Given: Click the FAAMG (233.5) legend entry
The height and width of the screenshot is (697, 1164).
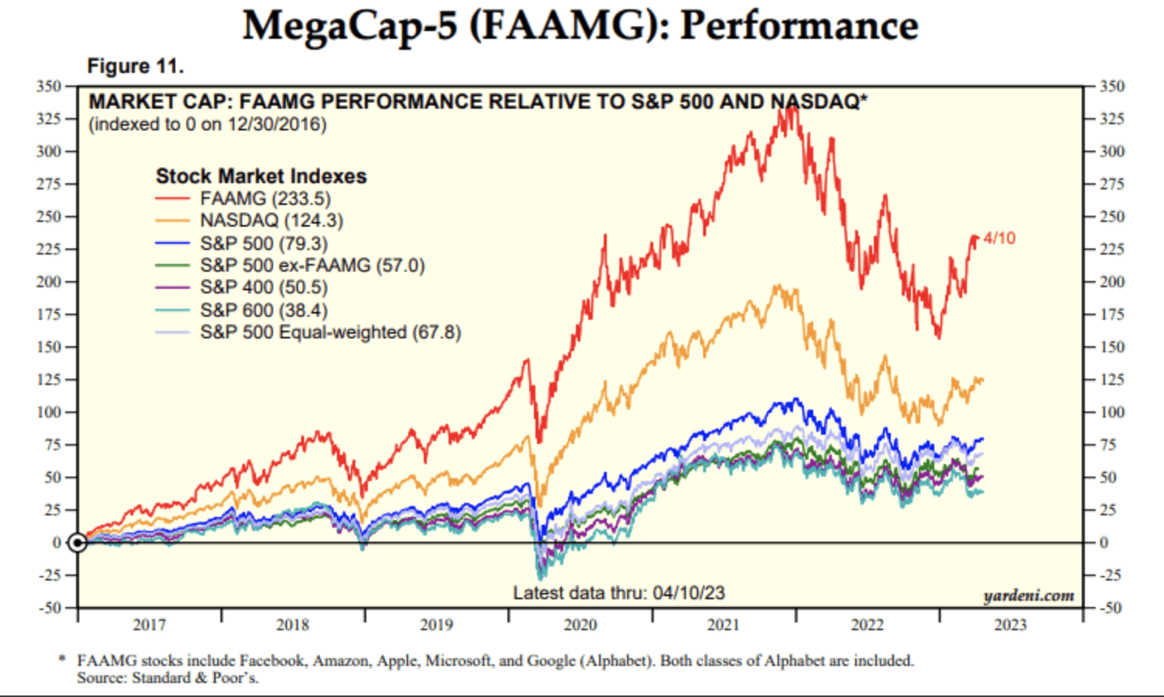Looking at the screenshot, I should [265, 199].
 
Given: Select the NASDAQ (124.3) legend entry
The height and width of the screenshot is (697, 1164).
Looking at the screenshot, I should [271, 220].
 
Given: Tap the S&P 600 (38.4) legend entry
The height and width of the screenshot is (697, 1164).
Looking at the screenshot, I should [263, 310].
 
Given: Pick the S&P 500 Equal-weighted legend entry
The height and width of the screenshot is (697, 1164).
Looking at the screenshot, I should [330, 332].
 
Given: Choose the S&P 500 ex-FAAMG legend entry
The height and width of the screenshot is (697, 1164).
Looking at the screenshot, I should [312, 265].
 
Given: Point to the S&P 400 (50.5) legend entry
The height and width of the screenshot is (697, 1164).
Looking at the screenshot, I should [263, 287].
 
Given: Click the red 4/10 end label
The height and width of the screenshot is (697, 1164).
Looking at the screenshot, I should [999, 238].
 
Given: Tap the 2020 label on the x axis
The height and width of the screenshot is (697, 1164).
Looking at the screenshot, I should [580, 625].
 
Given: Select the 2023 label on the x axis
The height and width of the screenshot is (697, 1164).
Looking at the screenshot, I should [1010, 625].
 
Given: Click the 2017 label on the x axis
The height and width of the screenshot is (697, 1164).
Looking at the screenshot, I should [149, 625].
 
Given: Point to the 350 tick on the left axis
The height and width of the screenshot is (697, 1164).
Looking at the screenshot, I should [48, 86].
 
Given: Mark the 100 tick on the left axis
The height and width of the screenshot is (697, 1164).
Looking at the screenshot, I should [48, 412].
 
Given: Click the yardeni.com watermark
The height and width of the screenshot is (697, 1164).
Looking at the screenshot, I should [1028, 595].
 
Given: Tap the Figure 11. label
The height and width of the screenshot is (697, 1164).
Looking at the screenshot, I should [135, 66].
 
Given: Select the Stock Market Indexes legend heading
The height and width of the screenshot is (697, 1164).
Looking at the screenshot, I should [261, 176].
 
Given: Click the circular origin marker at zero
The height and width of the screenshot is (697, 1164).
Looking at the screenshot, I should [78, 543].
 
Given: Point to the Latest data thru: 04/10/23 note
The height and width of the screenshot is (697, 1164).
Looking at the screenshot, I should [618, 593].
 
